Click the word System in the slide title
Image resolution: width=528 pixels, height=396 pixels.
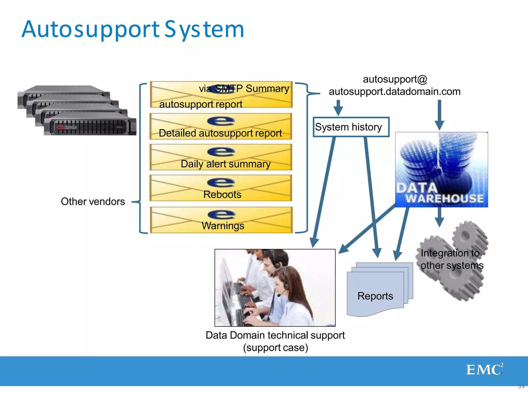pyautogui.click(x=204, y=30)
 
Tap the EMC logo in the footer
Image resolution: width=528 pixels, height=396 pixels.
pyautogui.click(x=484, y=369)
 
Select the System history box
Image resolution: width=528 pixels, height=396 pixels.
pyautogui.click(x=351, y=127)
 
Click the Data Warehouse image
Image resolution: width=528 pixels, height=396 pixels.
pyautogui.click(x=441, y=170)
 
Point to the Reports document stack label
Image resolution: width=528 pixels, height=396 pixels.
pyautogui.click(x=375, y=296)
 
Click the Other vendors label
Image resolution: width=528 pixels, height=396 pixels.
pyautogui.click(x=93, y=201)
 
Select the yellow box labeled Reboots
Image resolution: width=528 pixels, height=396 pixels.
pyautogui.click(x=221, y=188)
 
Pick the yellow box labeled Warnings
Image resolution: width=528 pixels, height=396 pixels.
pyautogui.click(x=221, y=220)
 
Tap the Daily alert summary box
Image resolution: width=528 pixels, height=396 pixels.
pyautogui.click(x=221, y=157)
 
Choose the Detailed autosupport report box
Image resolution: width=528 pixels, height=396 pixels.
pyautogui.click(x=221, y=127)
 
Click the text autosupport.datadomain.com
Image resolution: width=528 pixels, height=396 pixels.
pyautogui.click(x=394, y=92)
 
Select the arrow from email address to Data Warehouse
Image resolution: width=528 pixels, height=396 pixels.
pyautogui.click(x=439, y=115)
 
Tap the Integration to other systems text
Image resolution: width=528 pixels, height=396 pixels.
pyautogui.click(x=452, y=259)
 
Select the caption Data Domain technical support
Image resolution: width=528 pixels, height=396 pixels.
pyautogui.click(x=275, y=335)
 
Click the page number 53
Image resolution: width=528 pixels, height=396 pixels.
pyautogui.click(x=521, y=386)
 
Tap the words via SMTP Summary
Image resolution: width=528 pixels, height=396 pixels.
pyautogui.click(x=244, y=89)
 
